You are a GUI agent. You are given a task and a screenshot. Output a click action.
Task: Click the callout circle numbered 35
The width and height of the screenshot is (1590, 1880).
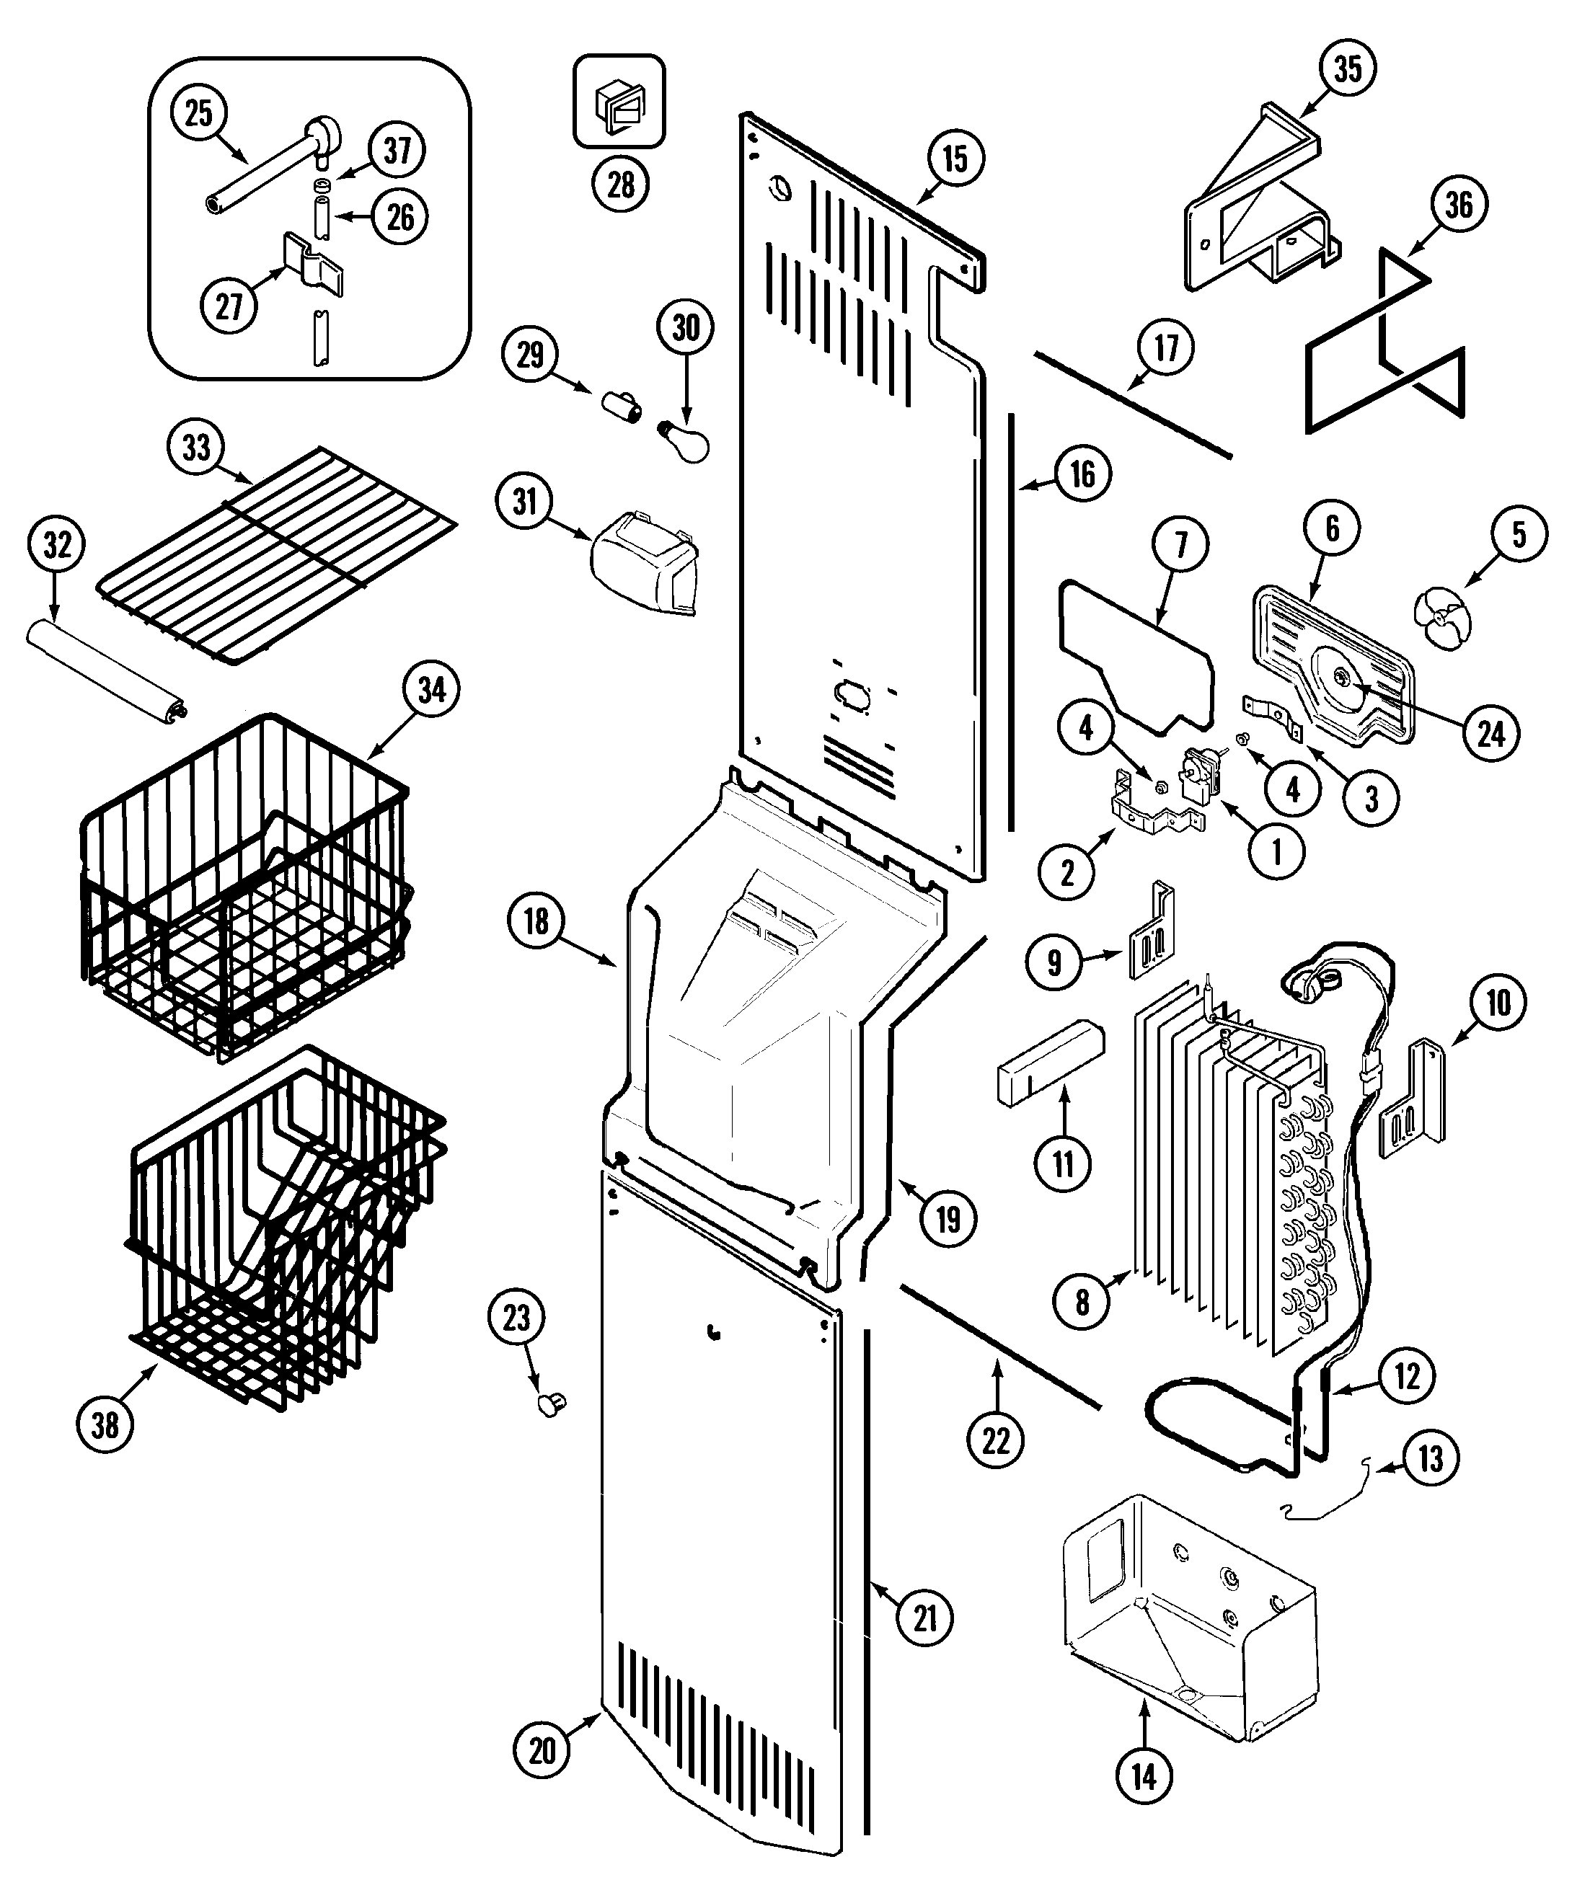pos(1348,68)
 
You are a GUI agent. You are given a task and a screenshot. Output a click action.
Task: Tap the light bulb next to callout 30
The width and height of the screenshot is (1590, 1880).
pos(689,442)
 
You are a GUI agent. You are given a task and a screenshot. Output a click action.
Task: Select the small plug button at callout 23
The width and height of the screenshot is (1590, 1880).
pos(551,1404)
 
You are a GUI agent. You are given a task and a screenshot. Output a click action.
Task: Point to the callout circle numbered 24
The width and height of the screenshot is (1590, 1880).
pos(1491,734)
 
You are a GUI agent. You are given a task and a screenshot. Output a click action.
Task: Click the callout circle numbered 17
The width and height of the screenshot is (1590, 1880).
pos(1167,347)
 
